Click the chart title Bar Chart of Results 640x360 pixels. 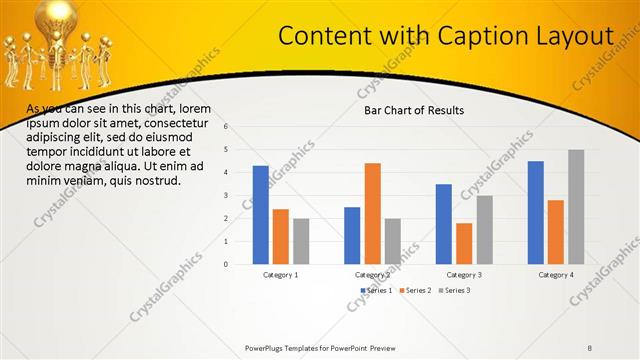point(413,110)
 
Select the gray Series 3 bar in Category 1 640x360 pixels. point(301,241)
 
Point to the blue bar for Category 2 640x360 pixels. point(352,235)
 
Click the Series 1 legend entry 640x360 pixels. point(376,290)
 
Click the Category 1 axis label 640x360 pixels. point(281,274)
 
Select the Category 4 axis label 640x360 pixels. point(556,274)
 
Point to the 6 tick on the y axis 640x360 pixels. point(227,127)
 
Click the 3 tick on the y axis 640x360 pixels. point(227,196)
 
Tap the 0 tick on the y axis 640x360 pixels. point(227,264)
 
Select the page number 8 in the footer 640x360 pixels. point(590,348)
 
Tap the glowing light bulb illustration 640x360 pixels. point(55,20)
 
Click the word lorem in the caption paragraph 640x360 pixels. point(194,108)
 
